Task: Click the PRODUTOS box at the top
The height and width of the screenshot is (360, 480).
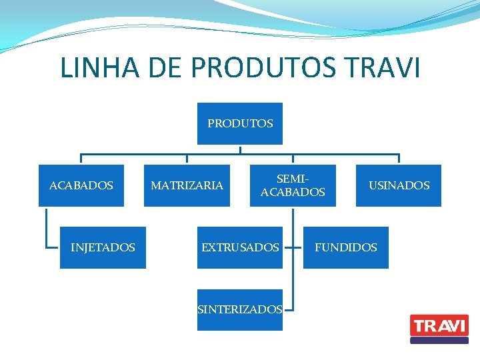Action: tap(240, 123)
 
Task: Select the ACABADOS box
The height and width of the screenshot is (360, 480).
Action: tap(81, 185)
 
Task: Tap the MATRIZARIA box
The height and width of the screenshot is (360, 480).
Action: tap(187, 185)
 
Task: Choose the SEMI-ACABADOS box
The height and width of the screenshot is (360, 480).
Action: tap(293, 185)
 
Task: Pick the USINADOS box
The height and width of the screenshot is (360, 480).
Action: tap(399, 185)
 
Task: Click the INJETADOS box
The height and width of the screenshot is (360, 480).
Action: tap(103, 247)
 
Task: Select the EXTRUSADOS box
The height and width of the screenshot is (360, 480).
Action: tap(240, 247)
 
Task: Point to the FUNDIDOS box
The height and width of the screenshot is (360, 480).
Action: tap(345, 247)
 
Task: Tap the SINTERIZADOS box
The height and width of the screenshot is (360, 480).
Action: tap(240, 309)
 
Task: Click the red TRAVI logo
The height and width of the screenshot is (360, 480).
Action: tap(439, 325)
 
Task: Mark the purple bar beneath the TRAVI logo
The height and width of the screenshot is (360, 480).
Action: tap(439, 340)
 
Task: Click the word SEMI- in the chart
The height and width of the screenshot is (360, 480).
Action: tap(293, 179)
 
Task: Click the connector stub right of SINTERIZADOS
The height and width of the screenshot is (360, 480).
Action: tap(289, 309)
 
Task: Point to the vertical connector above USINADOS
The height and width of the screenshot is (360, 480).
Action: tap(399, 159)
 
